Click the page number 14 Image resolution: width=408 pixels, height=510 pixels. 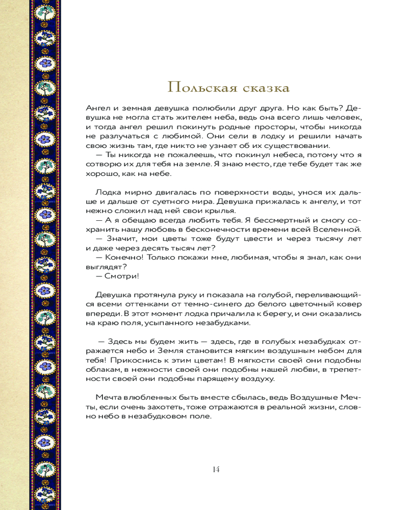(215, 469)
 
